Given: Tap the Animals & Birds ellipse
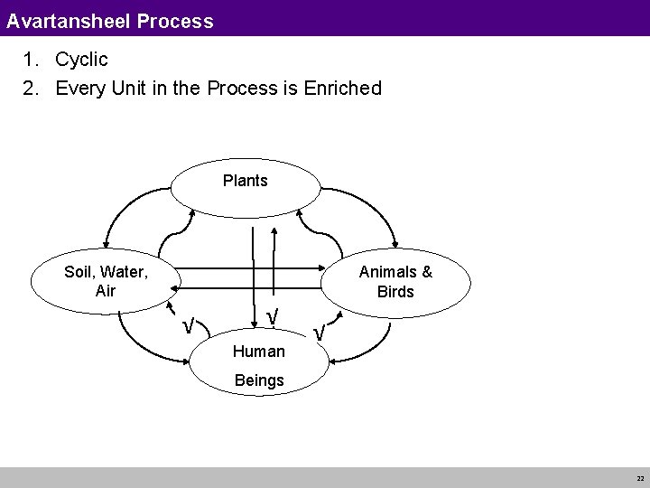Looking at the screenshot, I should [396, 281].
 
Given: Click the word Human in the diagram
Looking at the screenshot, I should [258, 351].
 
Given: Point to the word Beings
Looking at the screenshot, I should [258, 380].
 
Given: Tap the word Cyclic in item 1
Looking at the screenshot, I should [81, 61].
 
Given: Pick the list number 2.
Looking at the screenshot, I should [32, 89].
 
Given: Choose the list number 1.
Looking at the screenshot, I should [32, 61].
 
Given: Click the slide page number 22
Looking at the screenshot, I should [639, 478].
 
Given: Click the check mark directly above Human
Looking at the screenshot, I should [272, 316].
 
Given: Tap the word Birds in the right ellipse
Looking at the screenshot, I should [396, 292].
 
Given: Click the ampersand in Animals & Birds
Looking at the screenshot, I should [426, 271].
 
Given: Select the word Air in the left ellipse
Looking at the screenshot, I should [105, 292].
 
